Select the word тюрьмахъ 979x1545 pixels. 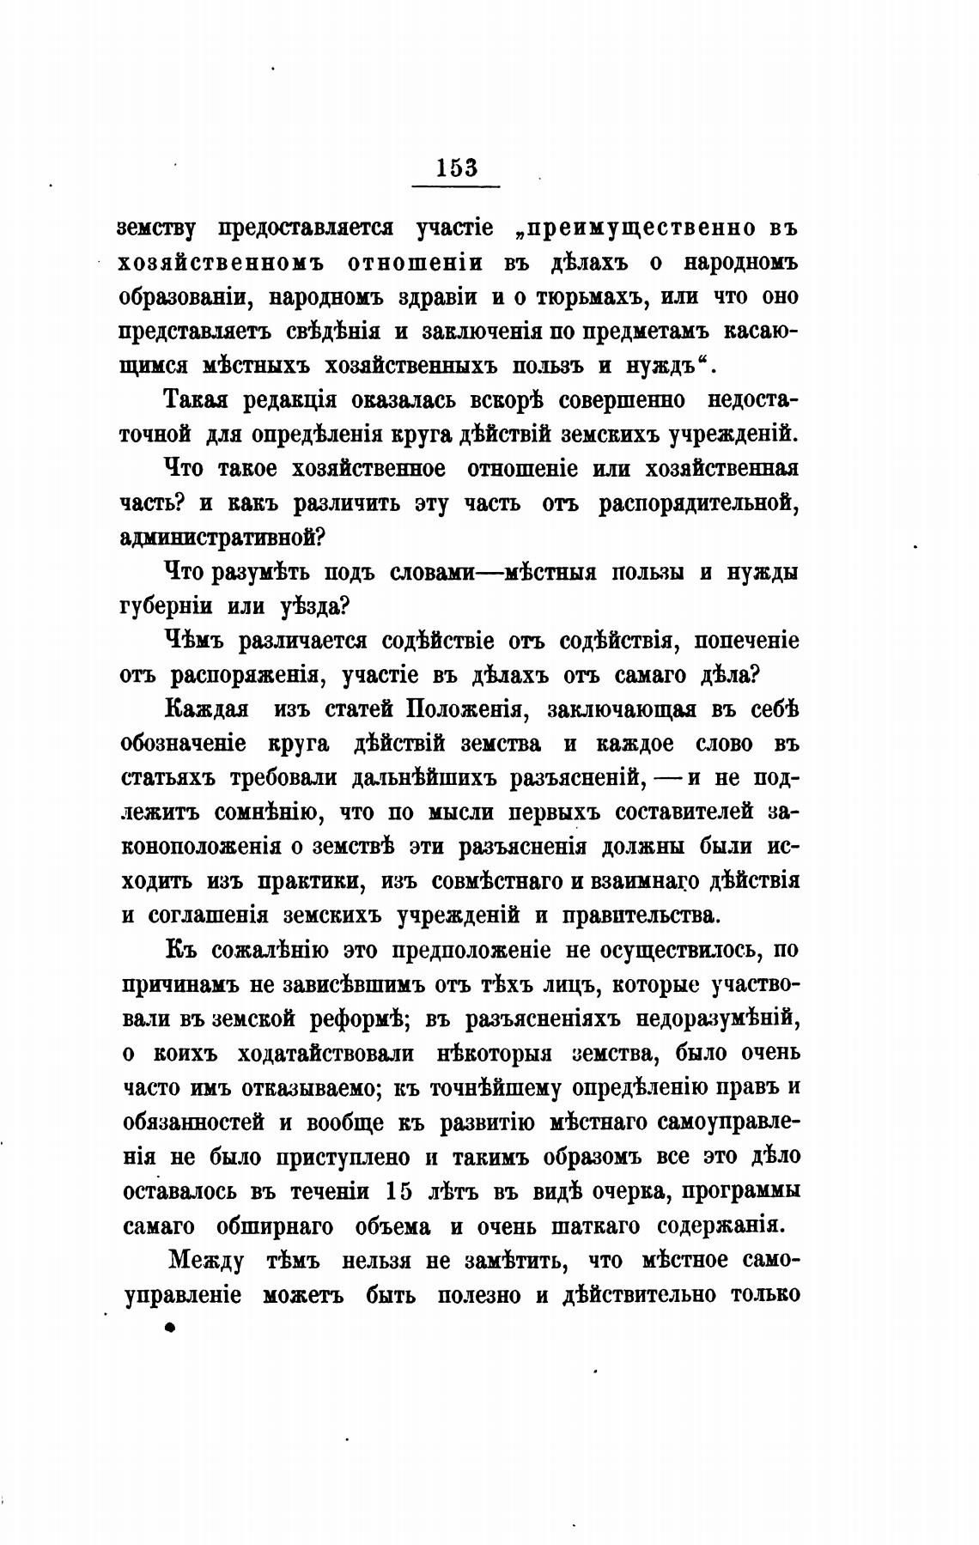[587, 297]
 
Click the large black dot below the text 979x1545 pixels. [169, 1328]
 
